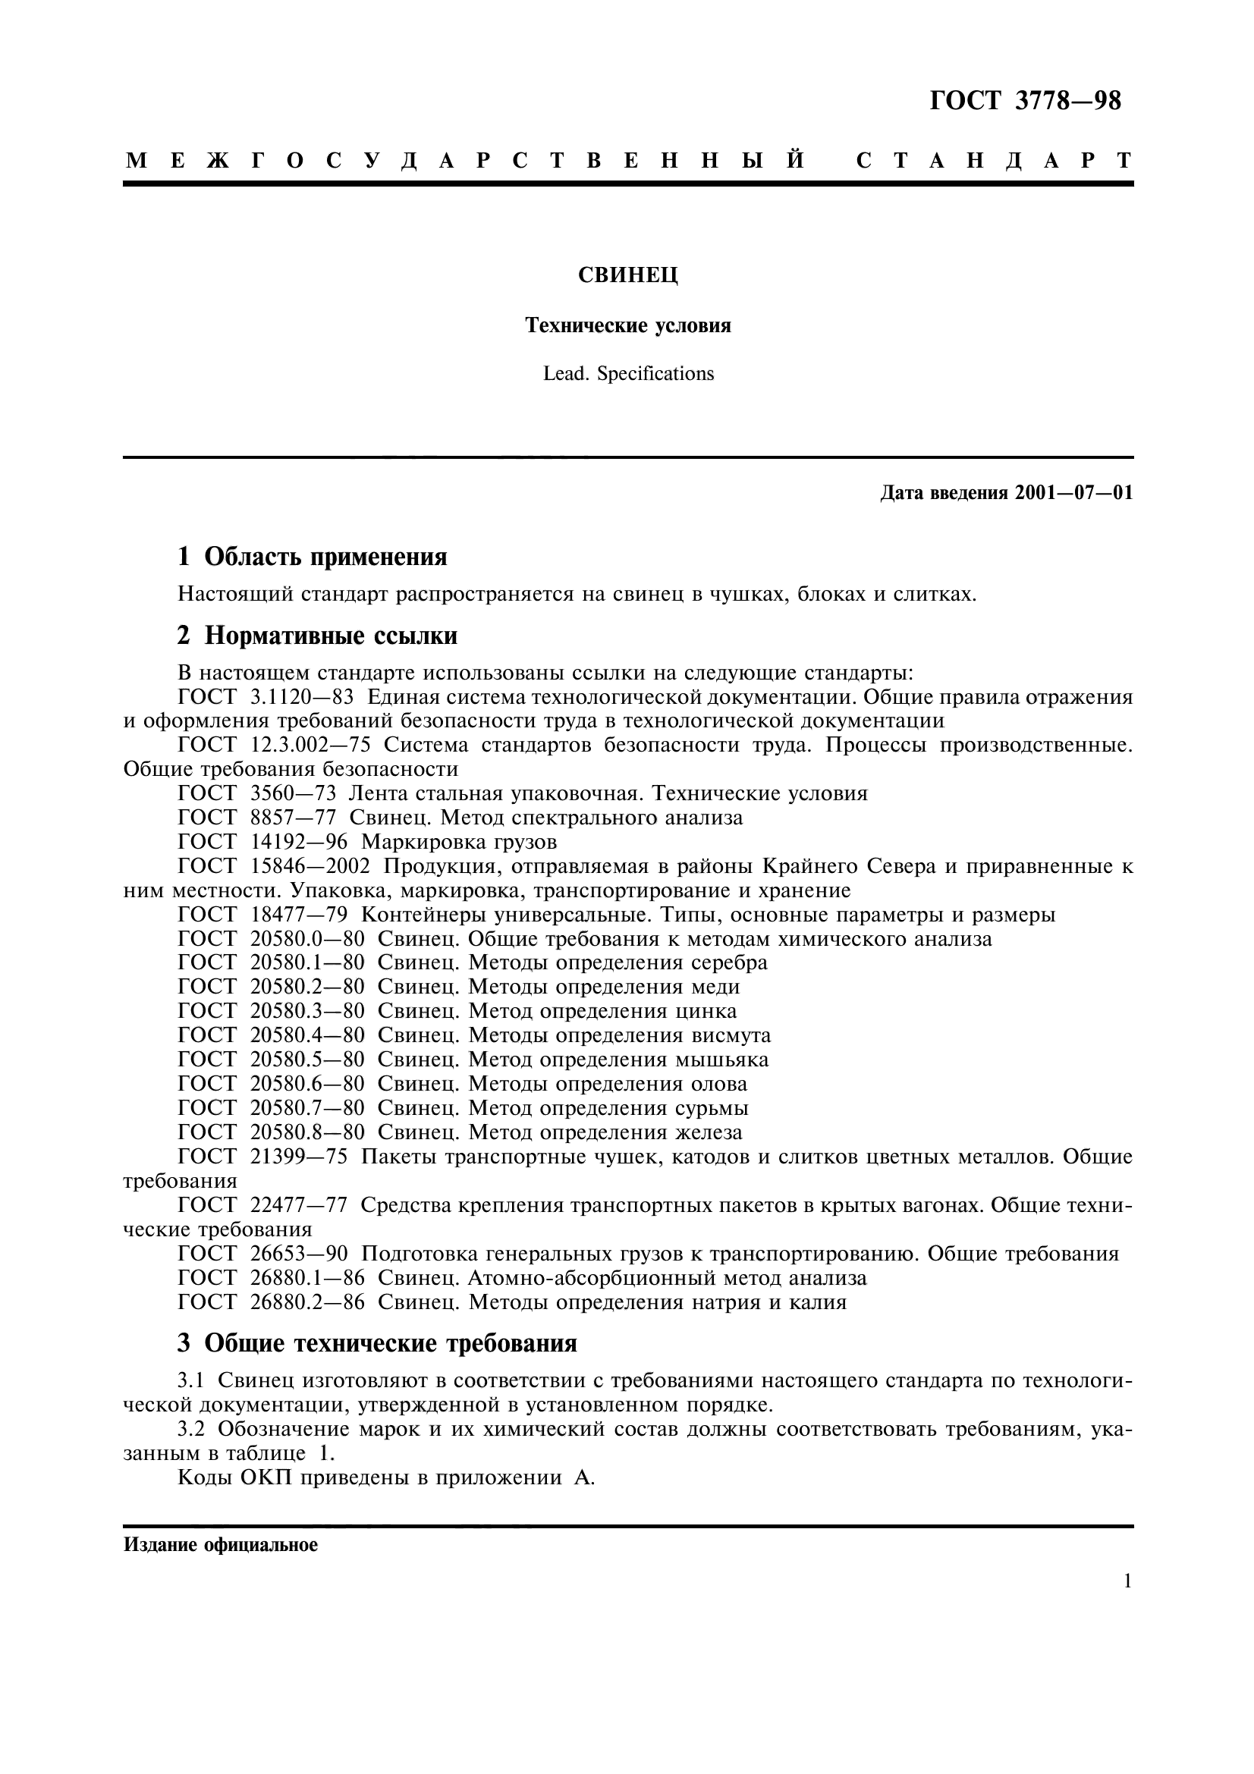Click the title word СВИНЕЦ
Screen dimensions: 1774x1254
click(x=628, y=275)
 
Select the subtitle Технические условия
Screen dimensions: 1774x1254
click(x=628, y=325)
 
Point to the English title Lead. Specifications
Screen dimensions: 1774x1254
click(x=628, y=374)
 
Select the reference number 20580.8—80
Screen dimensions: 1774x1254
click(x=306, y=1132)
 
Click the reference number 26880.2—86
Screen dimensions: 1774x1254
click(x=306, y=1302)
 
